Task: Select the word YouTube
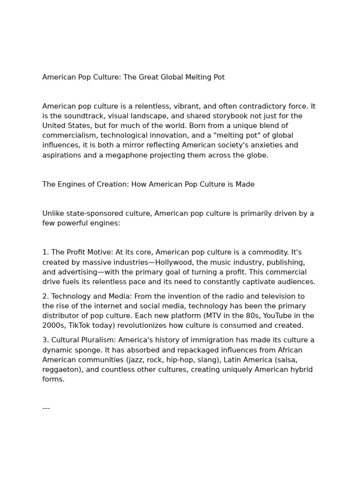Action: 279,315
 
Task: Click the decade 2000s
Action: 53,325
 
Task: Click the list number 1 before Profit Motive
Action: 45,253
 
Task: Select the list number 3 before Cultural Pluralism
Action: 45,340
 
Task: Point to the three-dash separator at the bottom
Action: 46,408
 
